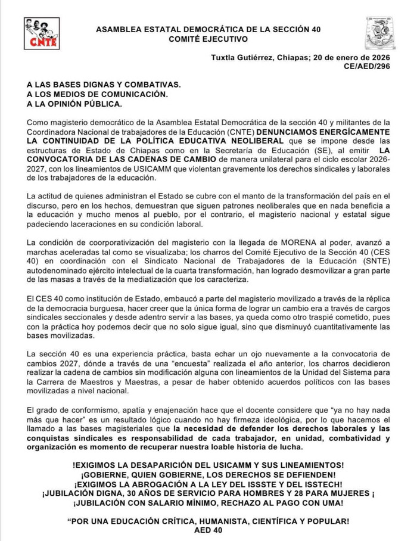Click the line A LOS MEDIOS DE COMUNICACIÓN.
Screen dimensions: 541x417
pyautogui.click(x=97, y=95)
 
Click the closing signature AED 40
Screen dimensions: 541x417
pyautogui.click(x=208, y=531)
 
